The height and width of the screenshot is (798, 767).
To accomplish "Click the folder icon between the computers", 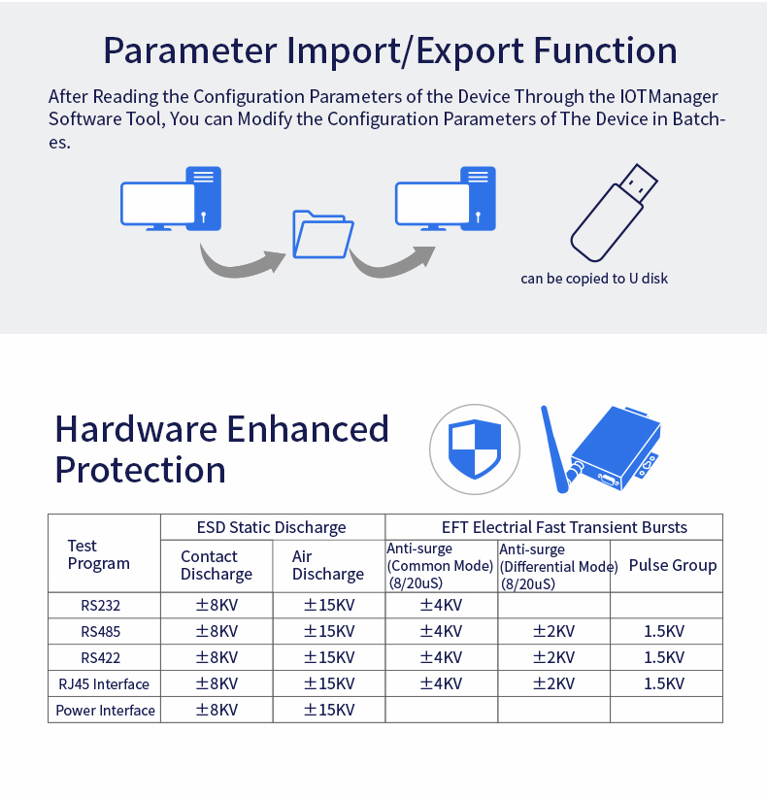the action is pos(323,234).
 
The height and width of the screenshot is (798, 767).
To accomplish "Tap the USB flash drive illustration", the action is pos(614,213).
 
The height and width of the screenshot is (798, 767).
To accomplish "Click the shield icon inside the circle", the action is pos(475,449).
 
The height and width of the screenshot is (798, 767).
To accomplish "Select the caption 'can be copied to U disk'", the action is pos(594,279).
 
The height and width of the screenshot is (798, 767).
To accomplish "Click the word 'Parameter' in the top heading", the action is pos(190,50).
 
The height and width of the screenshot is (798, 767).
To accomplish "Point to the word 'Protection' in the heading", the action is pos(140,470).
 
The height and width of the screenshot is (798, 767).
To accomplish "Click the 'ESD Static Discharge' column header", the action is pos(271,527).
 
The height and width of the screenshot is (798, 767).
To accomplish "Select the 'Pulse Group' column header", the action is pos(672,565).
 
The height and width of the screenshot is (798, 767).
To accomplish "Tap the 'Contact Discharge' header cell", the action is pos(217,565).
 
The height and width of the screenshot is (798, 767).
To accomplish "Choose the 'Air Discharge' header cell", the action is pos(328,565).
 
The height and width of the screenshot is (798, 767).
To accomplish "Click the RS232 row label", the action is pos(100,605).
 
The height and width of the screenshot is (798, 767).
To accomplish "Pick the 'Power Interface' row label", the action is pos(105,710).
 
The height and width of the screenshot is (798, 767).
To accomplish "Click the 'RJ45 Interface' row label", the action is pos(104,684).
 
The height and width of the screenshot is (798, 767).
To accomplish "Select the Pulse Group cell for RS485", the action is pos(664,631).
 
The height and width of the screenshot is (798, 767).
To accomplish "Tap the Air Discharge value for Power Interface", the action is pos(329,710).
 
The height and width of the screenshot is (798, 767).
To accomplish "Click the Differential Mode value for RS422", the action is pos(553,657).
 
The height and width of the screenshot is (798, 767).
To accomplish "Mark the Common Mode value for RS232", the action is pos(441,605).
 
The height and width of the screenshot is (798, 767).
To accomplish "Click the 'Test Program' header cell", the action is pos(99,554).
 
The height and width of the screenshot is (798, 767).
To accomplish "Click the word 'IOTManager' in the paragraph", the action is pos(669,97).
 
